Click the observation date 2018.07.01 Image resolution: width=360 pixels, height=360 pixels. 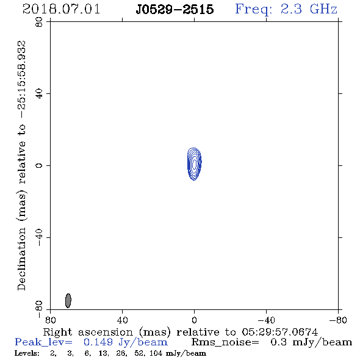[61, 9]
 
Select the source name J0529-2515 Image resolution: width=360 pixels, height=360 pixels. [175, 9]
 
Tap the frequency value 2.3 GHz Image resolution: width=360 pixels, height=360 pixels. [309, 9]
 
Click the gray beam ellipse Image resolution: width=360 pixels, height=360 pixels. [68, 301]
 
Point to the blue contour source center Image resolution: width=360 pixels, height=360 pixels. [195, 164]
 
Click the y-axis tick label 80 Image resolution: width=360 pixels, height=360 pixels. [39, 22]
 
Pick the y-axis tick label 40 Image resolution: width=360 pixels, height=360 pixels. [39, 94]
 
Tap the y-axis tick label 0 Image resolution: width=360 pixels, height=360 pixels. [39, 165]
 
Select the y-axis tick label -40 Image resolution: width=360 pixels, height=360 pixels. [39, 237]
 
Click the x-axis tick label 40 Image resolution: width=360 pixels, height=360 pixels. [122, 320]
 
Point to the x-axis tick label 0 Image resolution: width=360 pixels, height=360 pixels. [194, 320]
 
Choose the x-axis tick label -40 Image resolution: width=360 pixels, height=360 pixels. [266, 320]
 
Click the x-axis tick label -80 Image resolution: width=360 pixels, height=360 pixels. [338, 320]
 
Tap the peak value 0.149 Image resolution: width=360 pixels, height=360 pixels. [98, 342]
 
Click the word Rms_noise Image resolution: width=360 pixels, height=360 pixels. [225, 342]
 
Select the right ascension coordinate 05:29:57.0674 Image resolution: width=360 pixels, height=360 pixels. [279, 332]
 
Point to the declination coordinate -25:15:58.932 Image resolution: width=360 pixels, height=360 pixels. [23, 80]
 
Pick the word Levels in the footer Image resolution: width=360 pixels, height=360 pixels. [27, 353]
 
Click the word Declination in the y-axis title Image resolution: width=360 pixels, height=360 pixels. [22, 259]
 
